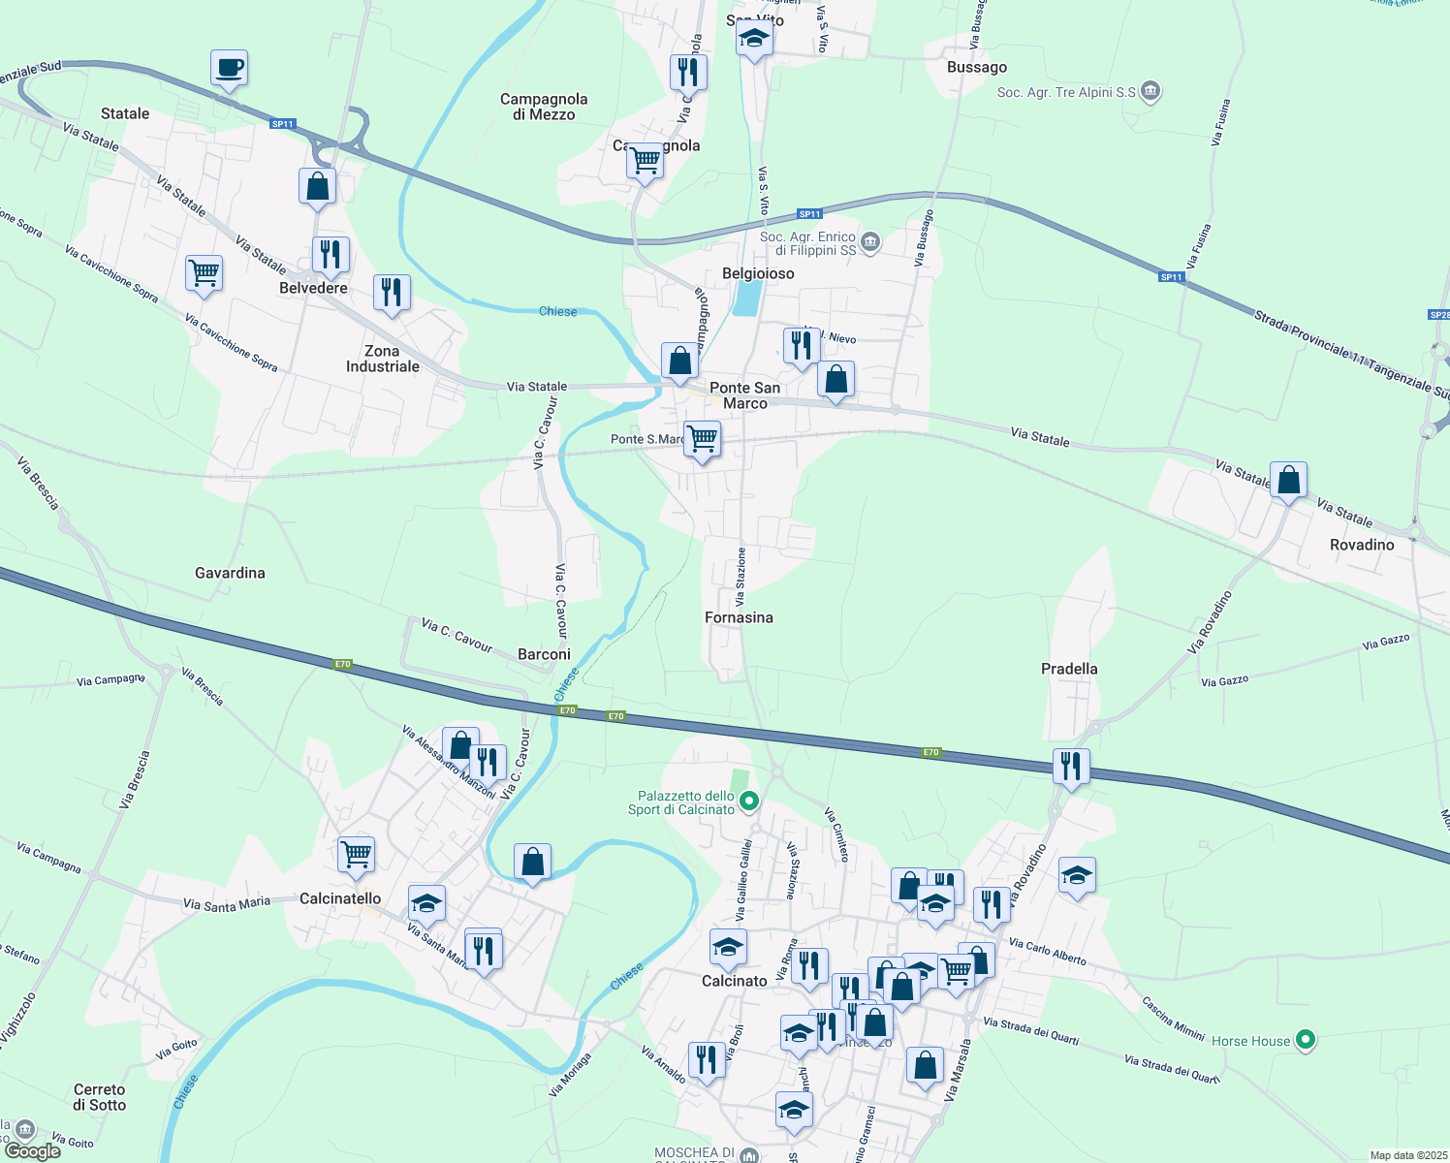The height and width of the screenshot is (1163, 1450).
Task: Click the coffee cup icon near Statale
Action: click(x=229, y=69)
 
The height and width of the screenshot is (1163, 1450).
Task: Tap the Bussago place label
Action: click(x=976, y=67)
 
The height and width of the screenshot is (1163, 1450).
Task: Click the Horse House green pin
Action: click(x=1306, y=1041)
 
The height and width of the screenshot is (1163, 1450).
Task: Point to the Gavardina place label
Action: click(x=230, y=573)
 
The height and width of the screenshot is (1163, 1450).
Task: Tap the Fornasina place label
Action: click(x=739, y=617)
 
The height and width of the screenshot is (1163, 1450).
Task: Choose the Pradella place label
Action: click(x=1069, y=669)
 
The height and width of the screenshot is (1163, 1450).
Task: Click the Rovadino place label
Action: click(x=1362, y=545)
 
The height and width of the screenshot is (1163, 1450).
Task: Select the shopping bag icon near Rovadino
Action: click(x=1288, y=480)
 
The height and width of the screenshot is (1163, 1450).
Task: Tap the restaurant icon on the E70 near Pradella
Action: click(x=1070, y=767)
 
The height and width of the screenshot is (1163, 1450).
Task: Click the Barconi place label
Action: click(x=544, y=654)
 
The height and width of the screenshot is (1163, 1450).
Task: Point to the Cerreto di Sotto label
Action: click(x=99, y=1097)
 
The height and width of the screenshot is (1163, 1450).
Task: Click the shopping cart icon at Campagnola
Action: click(x=645, y=160)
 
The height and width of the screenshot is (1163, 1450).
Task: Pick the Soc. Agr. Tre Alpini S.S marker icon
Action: click(x=1151, y=92)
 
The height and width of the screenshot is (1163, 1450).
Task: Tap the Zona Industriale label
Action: click(x=383, y=359)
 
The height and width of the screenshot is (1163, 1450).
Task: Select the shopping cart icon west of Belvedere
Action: click(x=204, y=273)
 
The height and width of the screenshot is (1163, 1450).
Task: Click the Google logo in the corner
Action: click(x=32, y=1150)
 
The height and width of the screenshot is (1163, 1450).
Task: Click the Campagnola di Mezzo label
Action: click(x=544, y=107)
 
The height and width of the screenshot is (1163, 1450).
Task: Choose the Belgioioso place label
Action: click(x=758, y=273)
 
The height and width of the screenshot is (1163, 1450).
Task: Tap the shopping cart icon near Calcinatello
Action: click(x=356, y=854)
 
